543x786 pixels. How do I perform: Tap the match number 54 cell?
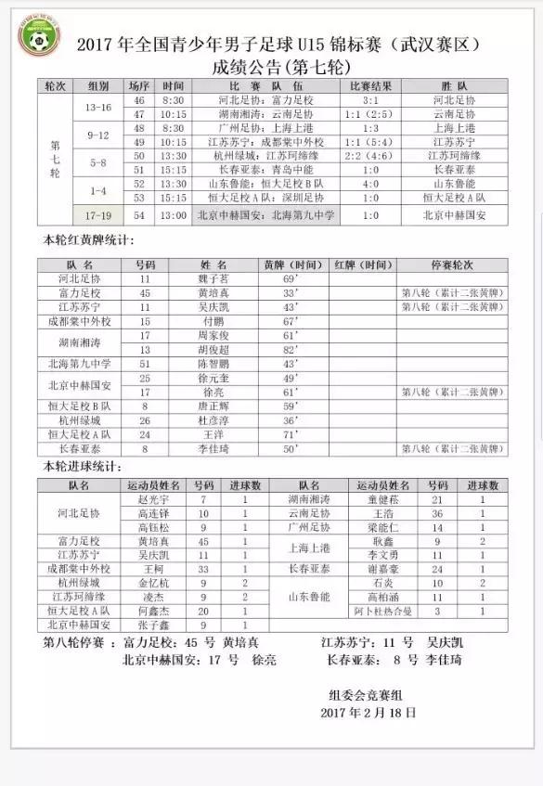click(x=139, y=214)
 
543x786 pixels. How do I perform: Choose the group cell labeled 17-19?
click(x=97, y=214)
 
